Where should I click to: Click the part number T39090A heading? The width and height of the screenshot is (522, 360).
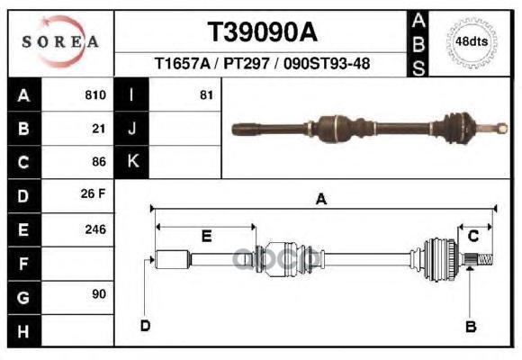tap(263, 32)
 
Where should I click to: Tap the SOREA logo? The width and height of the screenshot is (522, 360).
tap(59, 40)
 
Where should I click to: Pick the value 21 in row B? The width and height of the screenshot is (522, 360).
tap(99, 129)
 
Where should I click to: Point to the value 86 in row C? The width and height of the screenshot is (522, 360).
tap(99, 162)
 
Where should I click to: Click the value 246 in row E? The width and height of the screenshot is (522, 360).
tap(94, 229)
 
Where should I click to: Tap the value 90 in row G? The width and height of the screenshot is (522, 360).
tap(99, 294)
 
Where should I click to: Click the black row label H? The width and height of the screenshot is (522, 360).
tap(23, 330)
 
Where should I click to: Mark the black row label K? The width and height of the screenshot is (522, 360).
tap(133, 162)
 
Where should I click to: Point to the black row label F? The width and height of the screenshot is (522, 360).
tap(23, 263)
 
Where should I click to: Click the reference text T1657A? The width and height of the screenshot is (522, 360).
tap(182, 65)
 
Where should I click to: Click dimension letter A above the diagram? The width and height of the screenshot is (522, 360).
tap(319, 201)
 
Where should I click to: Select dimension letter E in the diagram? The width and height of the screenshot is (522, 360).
tap(206, 236)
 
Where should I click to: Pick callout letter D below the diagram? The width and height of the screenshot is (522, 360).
tap(145, 326)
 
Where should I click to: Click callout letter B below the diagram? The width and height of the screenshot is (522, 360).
tap(470, 326)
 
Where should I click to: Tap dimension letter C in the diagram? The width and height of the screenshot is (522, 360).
tap(473, 236)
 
